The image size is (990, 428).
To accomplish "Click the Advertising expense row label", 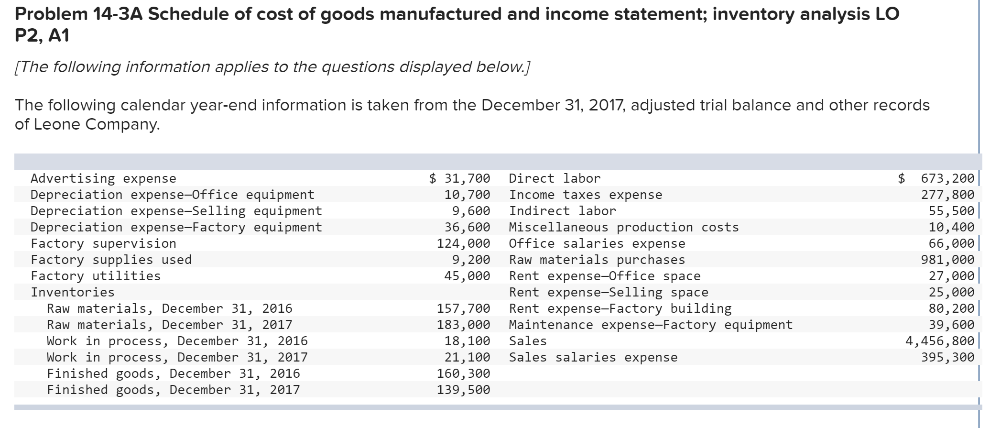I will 103,178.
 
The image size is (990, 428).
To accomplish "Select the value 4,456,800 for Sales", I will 939,341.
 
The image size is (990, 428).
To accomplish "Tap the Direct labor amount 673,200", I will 947,178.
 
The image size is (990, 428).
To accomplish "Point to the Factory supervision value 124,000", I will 463,243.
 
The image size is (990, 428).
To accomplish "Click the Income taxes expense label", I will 586,195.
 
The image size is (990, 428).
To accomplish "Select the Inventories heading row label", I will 73,292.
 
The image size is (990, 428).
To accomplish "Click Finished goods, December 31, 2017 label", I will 173,390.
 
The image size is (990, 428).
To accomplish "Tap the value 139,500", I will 463,390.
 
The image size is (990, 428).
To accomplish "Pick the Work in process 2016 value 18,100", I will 467,341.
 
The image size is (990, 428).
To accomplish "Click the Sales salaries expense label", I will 593,357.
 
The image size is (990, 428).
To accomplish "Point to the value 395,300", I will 947,357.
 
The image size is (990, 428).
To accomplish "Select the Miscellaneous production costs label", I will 624,227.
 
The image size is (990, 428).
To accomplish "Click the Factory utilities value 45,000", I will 467,276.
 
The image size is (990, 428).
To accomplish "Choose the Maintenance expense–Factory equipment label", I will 651,325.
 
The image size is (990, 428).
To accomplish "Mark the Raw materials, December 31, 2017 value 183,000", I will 463,325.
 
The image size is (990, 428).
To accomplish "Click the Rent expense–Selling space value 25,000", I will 951,292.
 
